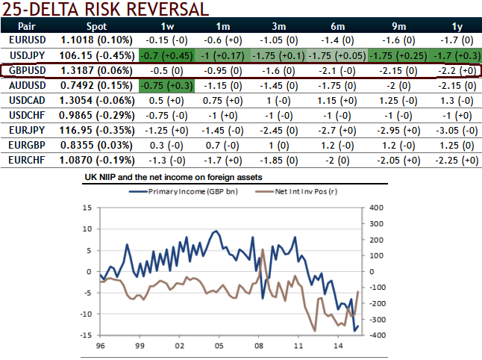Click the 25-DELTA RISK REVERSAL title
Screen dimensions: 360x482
105,10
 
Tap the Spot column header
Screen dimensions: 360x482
96,25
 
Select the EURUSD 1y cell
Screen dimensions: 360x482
456,41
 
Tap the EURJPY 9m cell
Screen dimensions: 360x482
398,129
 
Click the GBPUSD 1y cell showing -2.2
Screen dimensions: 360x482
456,71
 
